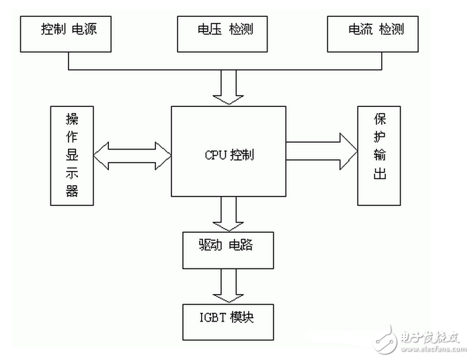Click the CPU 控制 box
[229, 155]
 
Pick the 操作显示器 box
[72, 155]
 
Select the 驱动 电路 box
[228, 249]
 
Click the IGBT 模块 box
[228, 321]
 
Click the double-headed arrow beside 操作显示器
[132, 155]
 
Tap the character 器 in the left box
[72, 191]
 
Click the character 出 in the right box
[381, 176]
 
